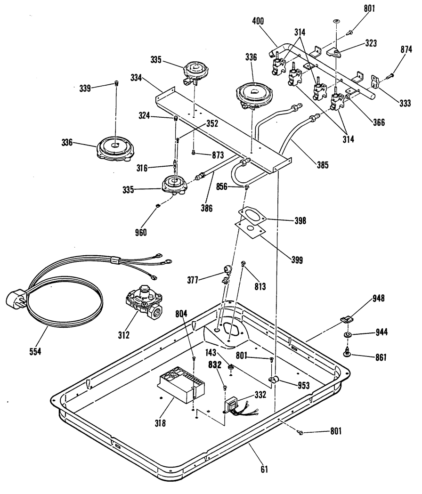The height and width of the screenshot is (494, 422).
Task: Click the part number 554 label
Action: point(35,351)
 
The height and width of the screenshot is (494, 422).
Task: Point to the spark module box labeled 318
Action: point(181,385)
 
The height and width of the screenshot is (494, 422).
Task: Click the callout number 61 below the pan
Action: point(264,470)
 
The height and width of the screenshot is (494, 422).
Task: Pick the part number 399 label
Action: point(297,259)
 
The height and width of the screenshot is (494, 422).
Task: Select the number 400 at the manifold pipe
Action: point(258,21)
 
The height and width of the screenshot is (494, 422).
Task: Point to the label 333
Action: point(405,103)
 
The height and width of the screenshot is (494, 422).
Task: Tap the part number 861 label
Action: point(380,357)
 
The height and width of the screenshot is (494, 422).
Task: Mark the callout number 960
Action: point(140,232)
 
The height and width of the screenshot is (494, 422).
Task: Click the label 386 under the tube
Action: point(206,208)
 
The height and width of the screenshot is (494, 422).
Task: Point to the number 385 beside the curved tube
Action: point(322,165)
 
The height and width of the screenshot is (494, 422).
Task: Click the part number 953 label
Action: point(303,385)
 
